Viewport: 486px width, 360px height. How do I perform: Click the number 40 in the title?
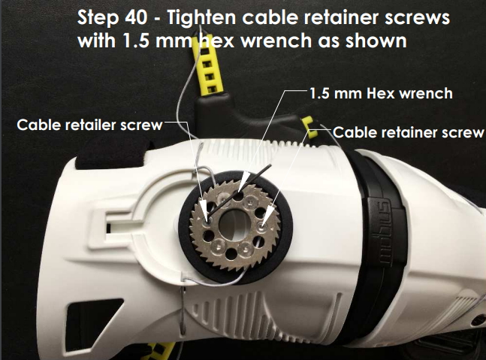point(136,17)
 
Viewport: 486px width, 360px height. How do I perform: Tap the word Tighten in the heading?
point(202,19)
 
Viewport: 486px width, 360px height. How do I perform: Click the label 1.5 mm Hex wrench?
point(381,93)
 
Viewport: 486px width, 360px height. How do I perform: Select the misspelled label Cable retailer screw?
point(89,125)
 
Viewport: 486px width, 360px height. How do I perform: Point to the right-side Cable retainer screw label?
point(408,132)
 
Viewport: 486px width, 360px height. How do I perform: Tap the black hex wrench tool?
point(240,192)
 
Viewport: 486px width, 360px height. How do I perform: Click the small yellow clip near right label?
point(309,127)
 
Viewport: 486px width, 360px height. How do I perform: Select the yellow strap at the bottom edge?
point(161,351)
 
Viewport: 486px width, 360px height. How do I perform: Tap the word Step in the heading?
point(98,19)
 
